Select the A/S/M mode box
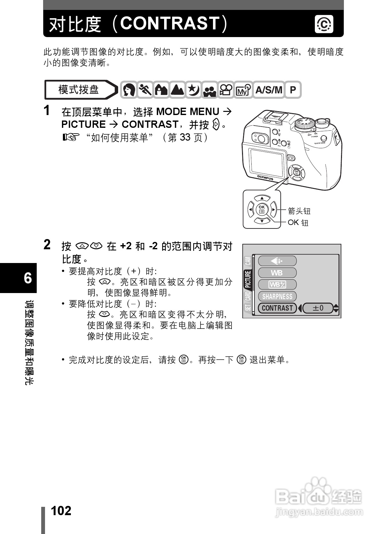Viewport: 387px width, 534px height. [x=269, y=90]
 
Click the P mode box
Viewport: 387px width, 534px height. [x=293, y=90]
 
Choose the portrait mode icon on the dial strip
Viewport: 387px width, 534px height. [x=129, y=90]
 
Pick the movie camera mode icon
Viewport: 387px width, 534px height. [x=226, y=90]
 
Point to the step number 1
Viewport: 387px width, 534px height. [x=47, y=111]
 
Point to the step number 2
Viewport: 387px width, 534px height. [x=47, y=245]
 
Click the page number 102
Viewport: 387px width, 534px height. [x=61, y=511]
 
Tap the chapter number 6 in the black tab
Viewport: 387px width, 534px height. [x=28, y=278]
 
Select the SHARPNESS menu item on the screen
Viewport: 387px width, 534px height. [x=277, y=297]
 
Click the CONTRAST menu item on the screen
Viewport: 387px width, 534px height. [x=277, y=308]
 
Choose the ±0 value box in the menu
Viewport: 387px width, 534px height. [x=318, y=308]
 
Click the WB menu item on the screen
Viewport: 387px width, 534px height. [x=277, y=273]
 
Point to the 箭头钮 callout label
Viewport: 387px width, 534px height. [x=299, y=211]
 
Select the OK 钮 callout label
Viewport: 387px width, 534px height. [x=298, y=222]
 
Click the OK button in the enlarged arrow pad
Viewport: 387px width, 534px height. [x=262, y=209]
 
